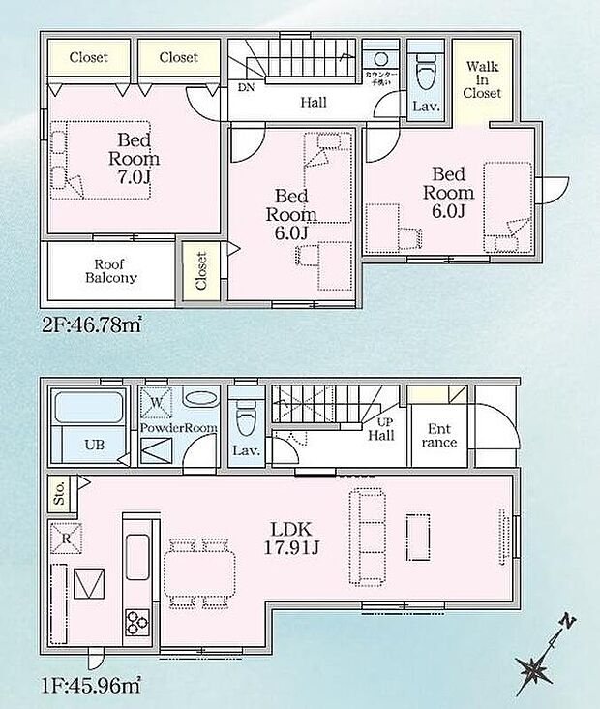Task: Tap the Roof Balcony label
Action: (115, 270)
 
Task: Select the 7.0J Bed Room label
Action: (134, 160)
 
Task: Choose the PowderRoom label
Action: (179, 427)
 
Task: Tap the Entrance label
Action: (439, 436)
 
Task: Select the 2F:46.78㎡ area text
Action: (92, 327)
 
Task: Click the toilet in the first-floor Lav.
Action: (245, 416)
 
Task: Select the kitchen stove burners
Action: (135, 620)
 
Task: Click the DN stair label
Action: (246, 86)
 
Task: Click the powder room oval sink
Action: (198, 400)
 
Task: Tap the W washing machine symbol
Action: (155, 400)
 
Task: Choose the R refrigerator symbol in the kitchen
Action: (66, 537)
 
